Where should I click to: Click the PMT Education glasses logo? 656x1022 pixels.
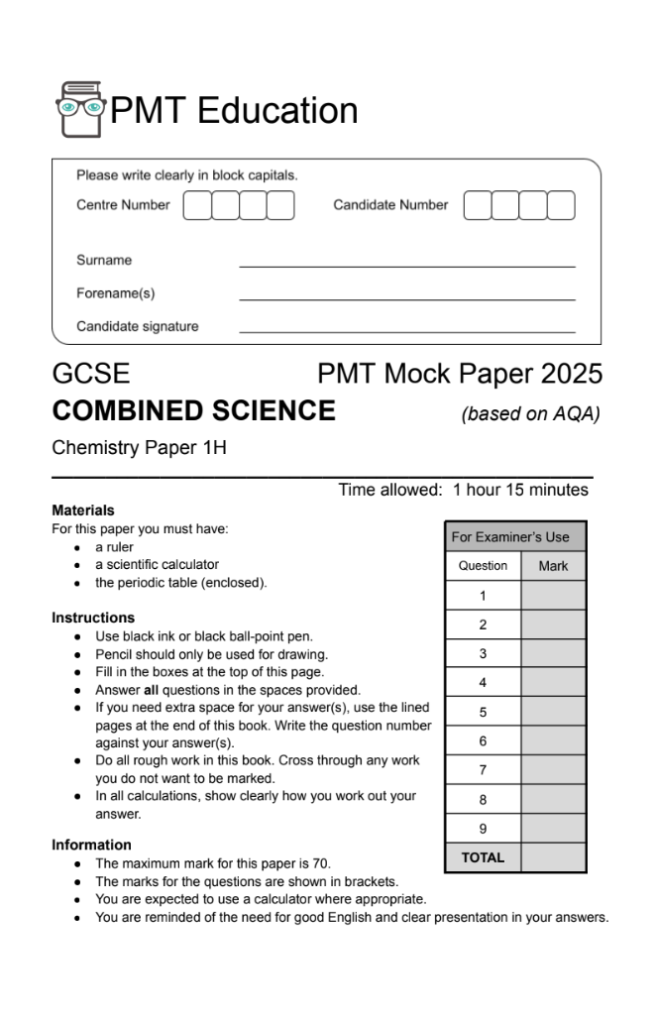point(79,110)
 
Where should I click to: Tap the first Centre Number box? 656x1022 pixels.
point(197,205)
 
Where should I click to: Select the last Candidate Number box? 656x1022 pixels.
point(561,205)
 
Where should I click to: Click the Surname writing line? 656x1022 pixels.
point(406,266)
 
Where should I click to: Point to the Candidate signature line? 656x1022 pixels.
point(406,332)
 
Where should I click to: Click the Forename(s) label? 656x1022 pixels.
point(116,293)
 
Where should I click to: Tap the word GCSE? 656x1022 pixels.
point(90,375)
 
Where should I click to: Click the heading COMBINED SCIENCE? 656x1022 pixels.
point(193,410)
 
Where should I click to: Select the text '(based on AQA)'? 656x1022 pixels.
point(531,414)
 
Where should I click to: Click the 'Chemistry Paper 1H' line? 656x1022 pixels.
point(139,448)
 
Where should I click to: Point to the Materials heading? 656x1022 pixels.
point(83,511)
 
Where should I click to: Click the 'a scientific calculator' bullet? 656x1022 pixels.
point(157,565)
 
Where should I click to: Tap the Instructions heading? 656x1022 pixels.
point(93,618)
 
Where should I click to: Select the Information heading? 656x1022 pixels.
point(91,845)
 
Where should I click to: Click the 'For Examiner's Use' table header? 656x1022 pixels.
point(510,537)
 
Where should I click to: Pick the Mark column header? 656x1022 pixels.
point(553,566)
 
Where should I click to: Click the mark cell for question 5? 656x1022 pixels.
point(553,712)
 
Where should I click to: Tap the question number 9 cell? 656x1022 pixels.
point(483,828)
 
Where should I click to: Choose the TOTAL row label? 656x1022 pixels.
point(483,857)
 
